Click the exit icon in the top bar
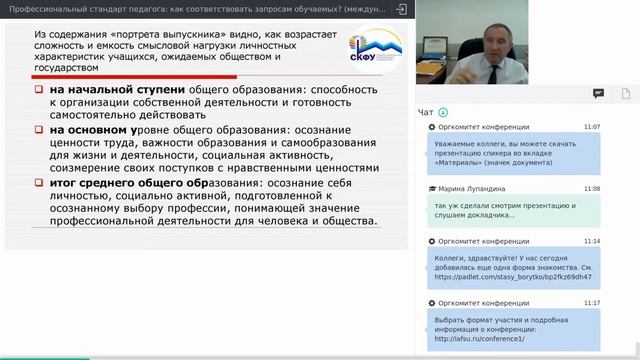click(401, 8)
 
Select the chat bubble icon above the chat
click(598, 93)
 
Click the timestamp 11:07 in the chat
click(591, 128)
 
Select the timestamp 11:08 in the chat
click(591, 188)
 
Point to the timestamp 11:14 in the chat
click(591, 241)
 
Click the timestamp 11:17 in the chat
click(591, 302)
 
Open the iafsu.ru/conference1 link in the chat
click(473, 338)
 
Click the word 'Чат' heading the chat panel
click(427, 112)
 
